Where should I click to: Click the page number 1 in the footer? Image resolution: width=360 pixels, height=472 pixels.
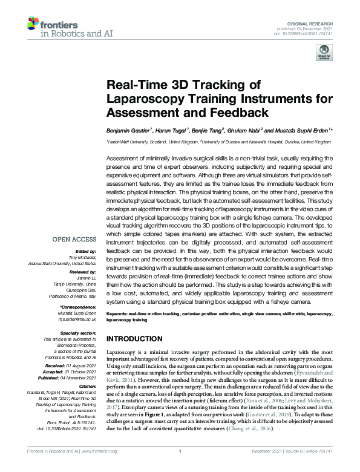[x=180, y=467]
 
